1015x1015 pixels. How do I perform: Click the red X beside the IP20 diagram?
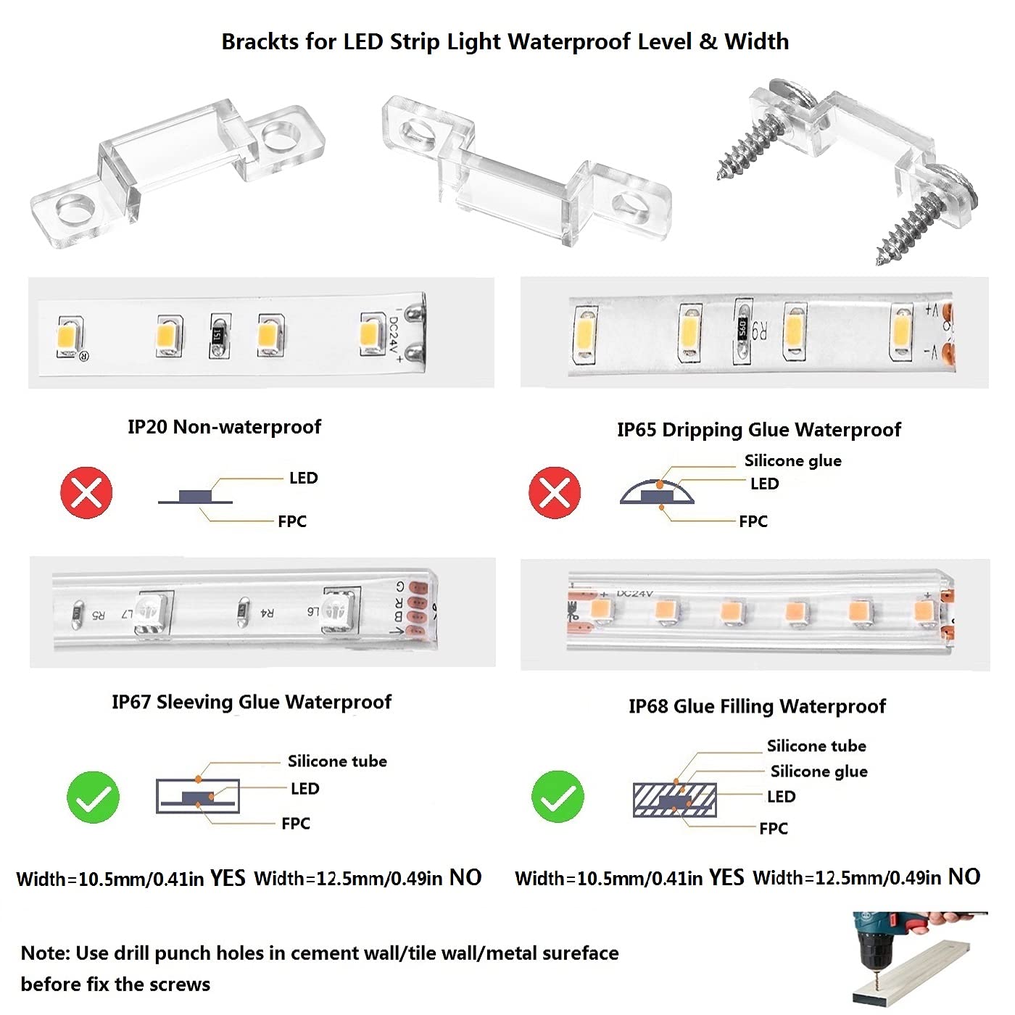point(86,493)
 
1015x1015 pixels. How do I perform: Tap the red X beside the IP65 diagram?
point(555,493)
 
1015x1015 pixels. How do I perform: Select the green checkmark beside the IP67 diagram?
point(93,797)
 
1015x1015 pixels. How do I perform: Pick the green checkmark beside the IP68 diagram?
point(558,797)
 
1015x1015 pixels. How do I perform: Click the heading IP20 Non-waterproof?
point(224,427)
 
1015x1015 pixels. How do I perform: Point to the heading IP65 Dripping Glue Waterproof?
point(758,430)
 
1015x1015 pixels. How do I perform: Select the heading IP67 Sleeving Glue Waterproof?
point(251,702)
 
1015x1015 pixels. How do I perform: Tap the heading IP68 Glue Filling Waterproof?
point(757,706)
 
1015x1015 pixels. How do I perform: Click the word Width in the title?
point(756,41)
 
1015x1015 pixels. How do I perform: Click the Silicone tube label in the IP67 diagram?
point(337,761)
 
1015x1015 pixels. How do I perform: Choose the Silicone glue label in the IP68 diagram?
point(819,771)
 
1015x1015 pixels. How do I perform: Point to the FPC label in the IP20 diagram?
point(292,521)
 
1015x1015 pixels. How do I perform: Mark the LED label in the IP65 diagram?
point(764,484)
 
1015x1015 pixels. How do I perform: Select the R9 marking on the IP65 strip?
point(758,331)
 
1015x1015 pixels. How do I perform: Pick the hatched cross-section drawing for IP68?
point(674,800)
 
